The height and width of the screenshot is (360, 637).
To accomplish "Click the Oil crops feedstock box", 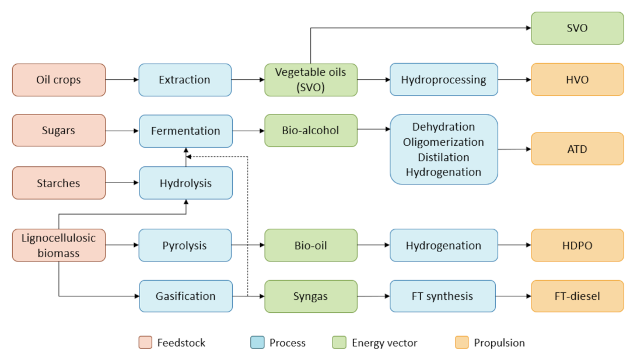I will [59, 80].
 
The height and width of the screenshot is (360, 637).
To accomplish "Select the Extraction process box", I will [185, 80].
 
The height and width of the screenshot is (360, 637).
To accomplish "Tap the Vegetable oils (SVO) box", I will [310, 80].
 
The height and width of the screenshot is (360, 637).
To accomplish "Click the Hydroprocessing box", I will [443, 80].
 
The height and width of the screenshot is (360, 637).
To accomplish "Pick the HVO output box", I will [577, 80].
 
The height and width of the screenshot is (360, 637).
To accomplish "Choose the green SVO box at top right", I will [577, 28].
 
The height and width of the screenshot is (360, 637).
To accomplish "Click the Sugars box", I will [59, 131].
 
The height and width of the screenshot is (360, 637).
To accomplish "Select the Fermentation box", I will [185, 131].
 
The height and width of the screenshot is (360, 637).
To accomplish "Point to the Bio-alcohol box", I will [310, 131].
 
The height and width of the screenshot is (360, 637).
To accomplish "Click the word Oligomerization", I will [443, 142].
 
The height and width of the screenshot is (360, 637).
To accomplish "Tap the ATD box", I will [577, 149].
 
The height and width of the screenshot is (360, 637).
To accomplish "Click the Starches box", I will [59, 183].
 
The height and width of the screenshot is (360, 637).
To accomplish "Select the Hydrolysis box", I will [185, 183].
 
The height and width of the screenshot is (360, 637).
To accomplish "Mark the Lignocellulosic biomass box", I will [59, 245].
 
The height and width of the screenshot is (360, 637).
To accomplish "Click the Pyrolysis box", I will [185, 245].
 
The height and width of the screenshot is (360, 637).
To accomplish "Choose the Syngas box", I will [310, 296].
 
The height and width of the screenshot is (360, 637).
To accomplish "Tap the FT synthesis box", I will [442, 296].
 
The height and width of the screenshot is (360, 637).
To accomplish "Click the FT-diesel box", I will [577, 296].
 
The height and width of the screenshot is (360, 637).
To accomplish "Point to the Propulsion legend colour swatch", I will [461, 342].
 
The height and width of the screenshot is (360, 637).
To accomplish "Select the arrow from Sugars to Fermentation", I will [122, 131].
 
